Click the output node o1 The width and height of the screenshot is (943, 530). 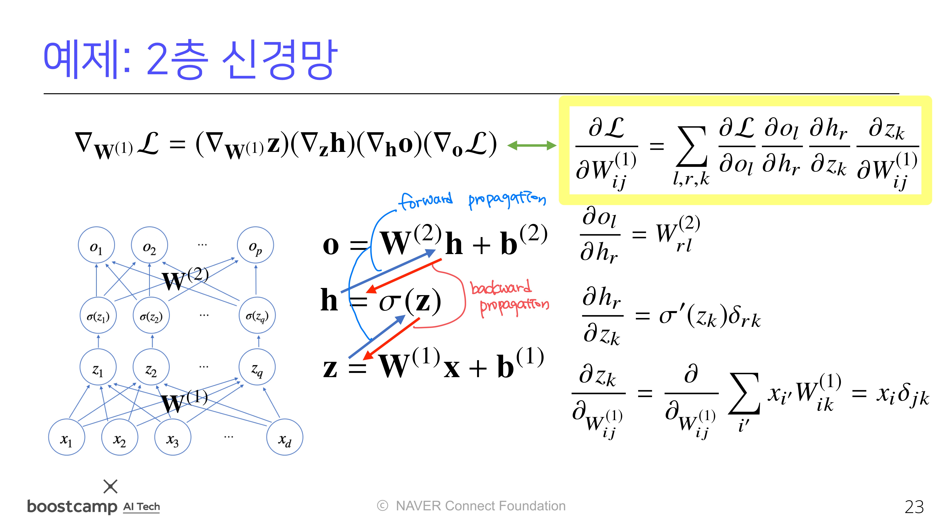(x=96, y=245)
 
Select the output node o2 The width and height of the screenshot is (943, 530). (x=149, y=245)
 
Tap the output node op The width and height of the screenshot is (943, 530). (x=256, y=245)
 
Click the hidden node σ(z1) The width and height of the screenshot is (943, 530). (x=98, y=315)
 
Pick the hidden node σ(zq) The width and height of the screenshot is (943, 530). (x=257, y=315)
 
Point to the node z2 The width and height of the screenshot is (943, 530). (x=151, y=367)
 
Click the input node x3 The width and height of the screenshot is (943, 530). (x=172, y=437)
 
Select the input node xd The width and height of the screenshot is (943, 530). (x=284, y=437)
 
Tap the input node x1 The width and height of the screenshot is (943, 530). (x=67, y=437)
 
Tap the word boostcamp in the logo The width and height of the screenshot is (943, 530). (x=72, y=507)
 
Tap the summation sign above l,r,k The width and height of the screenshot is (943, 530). (x=691, y=146)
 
